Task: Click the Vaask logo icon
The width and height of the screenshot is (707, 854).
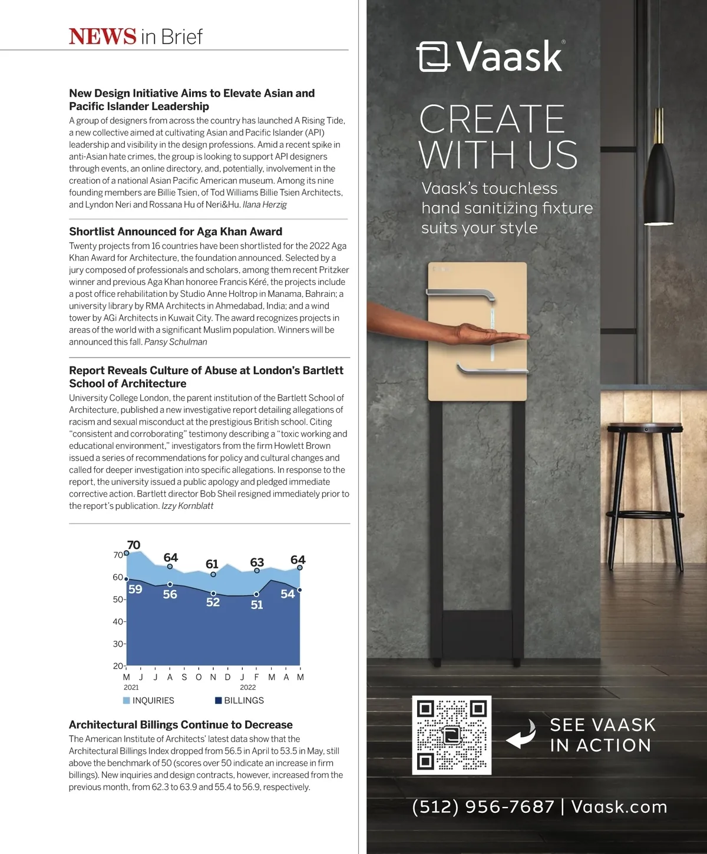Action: click(x=433, y=57)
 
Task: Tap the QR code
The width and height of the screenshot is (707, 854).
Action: click(x=451, y=735)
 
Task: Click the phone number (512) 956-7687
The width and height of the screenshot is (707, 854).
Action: click(x=483, y=807)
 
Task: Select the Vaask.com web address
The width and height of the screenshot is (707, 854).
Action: click(x=619, y=807)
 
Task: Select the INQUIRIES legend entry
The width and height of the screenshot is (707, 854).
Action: click(x=148, y=700)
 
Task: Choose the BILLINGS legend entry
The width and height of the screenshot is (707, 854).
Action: click(x=240, y=700)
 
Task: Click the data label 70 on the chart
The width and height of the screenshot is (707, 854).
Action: click(x=134, y=545)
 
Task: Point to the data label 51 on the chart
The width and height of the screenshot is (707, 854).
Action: click(x=257, y=605)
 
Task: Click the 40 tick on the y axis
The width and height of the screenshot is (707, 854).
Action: click(x=118, y=621)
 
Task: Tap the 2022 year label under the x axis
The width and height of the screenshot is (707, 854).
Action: click(x=248, y=687)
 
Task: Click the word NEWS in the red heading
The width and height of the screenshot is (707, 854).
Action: click(x=103, y=37)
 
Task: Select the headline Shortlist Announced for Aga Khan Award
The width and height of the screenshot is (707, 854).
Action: click(x=176, y=231)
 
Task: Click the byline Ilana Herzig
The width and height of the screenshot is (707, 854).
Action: click(x=265, y=204)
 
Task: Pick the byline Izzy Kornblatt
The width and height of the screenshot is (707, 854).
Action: click(x=187, y=506)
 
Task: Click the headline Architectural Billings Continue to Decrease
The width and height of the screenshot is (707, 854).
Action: click(x=181, y=724)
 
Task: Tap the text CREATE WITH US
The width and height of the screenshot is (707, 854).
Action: click(x=498, y=137)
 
